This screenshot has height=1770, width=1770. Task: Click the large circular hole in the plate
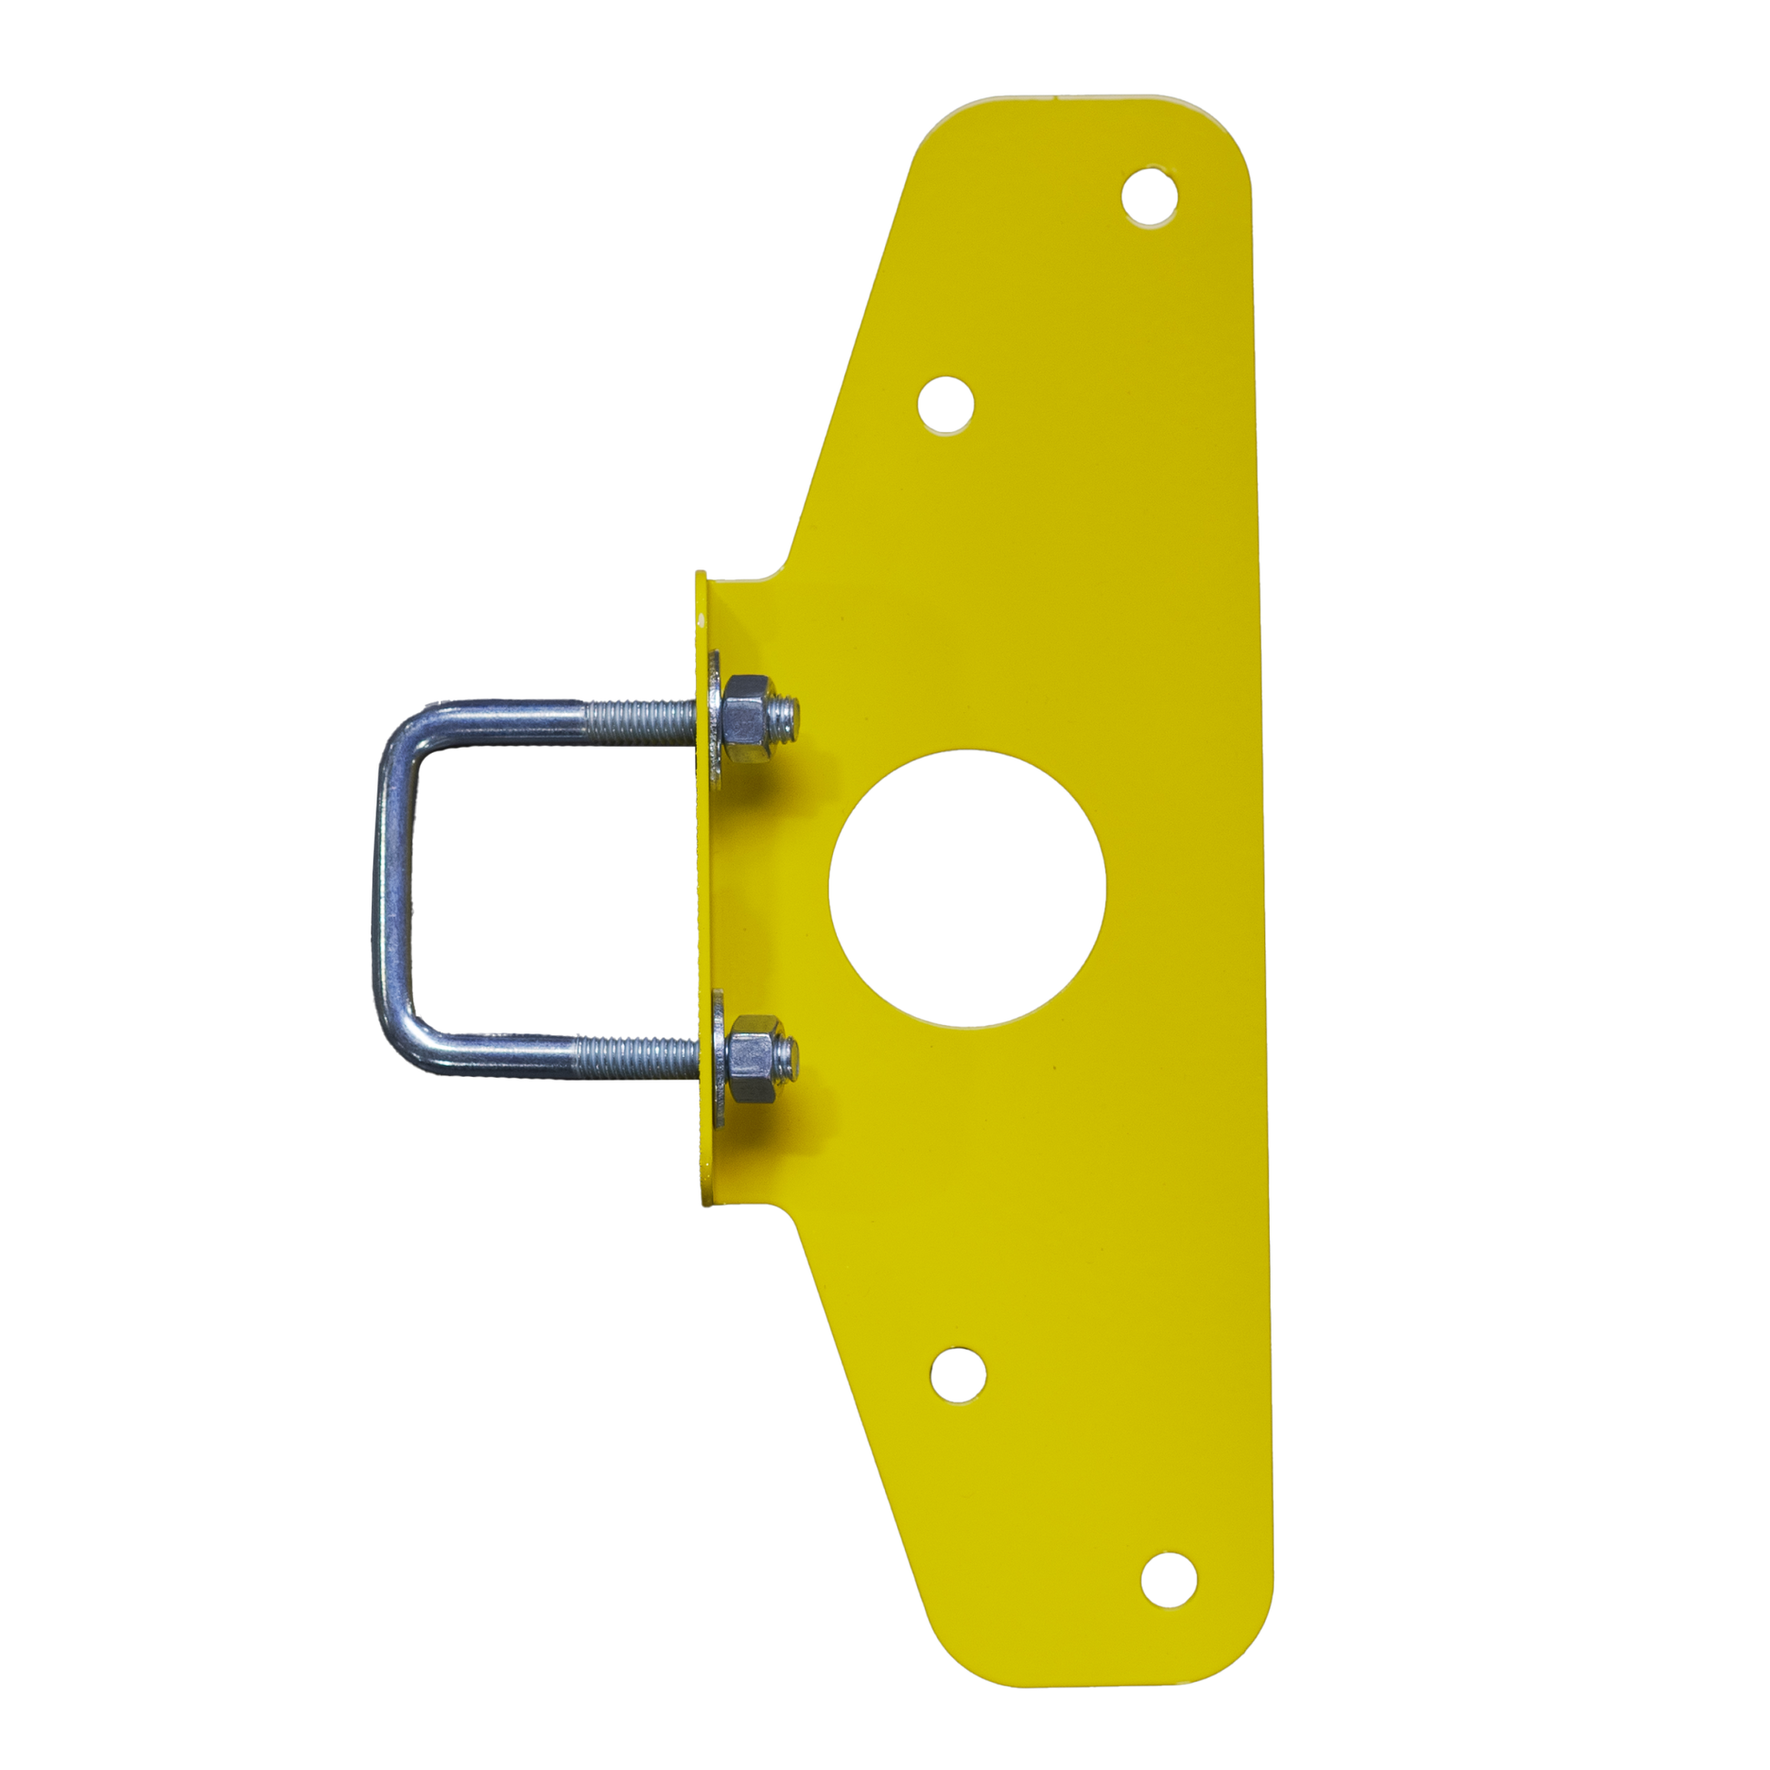967,888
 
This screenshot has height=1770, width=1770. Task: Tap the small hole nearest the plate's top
1150,196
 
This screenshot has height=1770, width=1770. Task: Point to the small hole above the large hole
945,404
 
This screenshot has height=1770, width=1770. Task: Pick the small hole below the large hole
958,1374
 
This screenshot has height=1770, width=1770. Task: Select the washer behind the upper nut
716,720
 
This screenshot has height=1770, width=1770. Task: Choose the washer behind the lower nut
716,1058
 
